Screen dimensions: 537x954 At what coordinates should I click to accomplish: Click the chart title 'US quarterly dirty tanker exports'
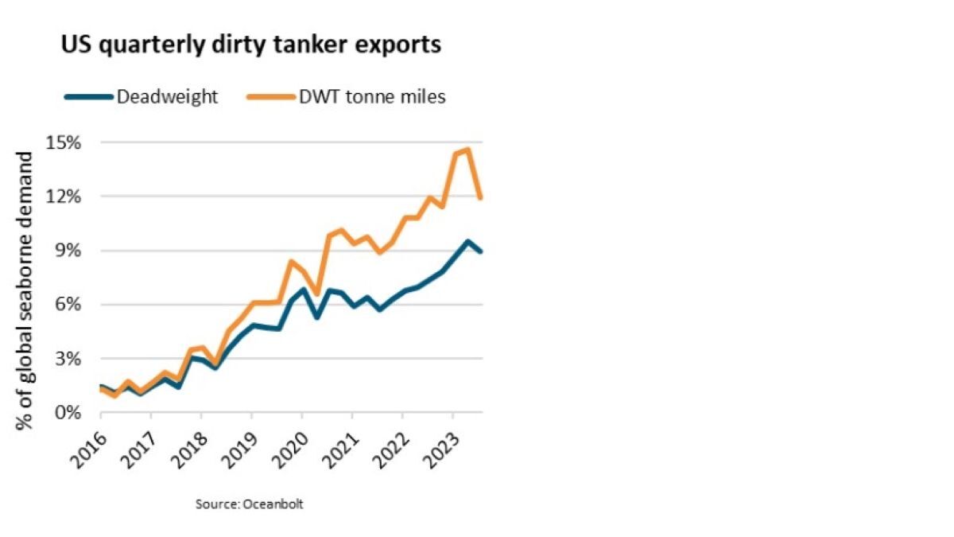pyautogui.click(x=250, y=45)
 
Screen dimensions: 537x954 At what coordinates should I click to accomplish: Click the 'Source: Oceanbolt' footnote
pyautogui.click(x=250, y=504)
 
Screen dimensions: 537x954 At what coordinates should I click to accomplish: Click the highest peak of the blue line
pyautogui.click(x=468, y=242)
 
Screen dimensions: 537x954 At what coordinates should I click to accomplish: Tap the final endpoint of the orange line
pyautogui.click(x=481, y=197)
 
